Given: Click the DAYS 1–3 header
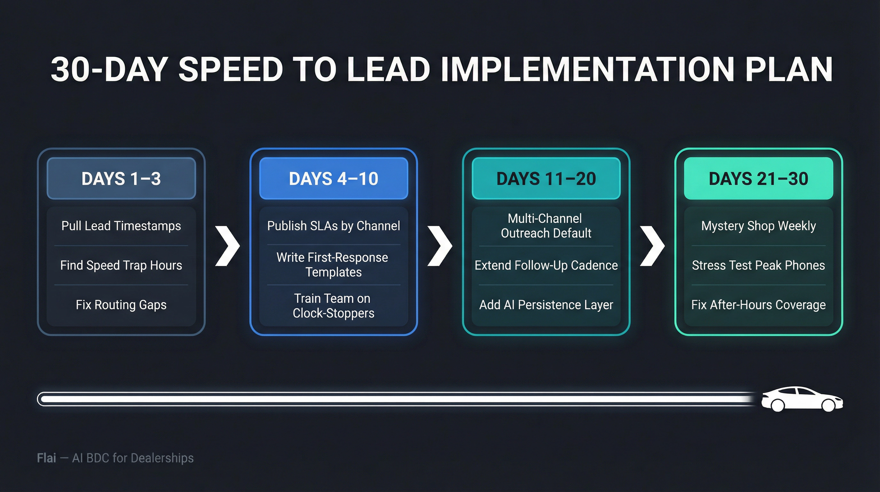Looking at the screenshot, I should point(121,178).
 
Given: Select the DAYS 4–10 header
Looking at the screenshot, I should point(334,178).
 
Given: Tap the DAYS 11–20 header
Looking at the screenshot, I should point(546,178).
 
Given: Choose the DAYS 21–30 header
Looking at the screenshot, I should point(758,178).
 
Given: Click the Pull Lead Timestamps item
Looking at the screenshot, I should point(121,226).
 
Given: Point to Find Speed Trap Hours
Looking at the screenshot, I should point(121,265).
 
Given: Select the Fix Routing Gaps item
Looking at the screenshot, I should point(121,305).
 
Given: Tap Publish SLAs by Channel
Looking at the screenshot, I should point(334,226).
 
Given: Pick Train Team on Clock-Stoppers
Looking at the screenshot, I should point(333,306).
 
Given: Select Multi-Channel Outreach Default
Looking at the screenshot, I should point(546,226).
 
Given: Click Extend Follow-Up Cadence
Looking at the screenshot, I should point(546,265).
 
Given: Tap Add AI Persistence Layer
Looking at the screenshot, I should point(546,305).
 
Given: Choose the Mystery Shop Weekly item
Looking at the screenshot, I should point(758,226).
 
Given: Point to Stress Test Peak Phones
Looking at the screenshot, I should point(758,265).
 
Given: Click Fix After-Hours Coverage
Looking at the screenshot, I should point(758,305).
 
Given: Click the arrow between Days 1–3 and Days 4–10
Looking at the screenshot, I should point(228,245).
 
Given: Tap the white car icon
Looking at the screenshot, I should point(801,399).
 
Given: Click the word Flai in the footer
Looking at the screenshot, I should point(46,458).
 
